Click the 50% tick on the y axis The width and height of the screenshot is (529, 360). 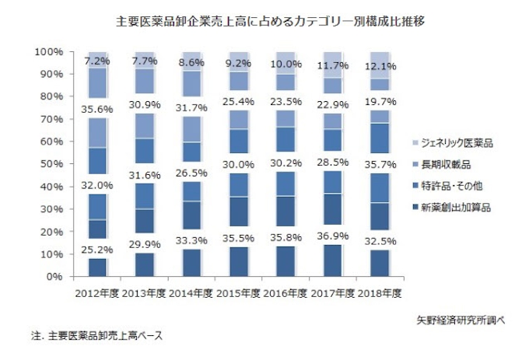click(x=51, y=164)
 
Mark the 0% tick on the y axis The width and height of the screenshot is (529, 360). click(x=54, y=276)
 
